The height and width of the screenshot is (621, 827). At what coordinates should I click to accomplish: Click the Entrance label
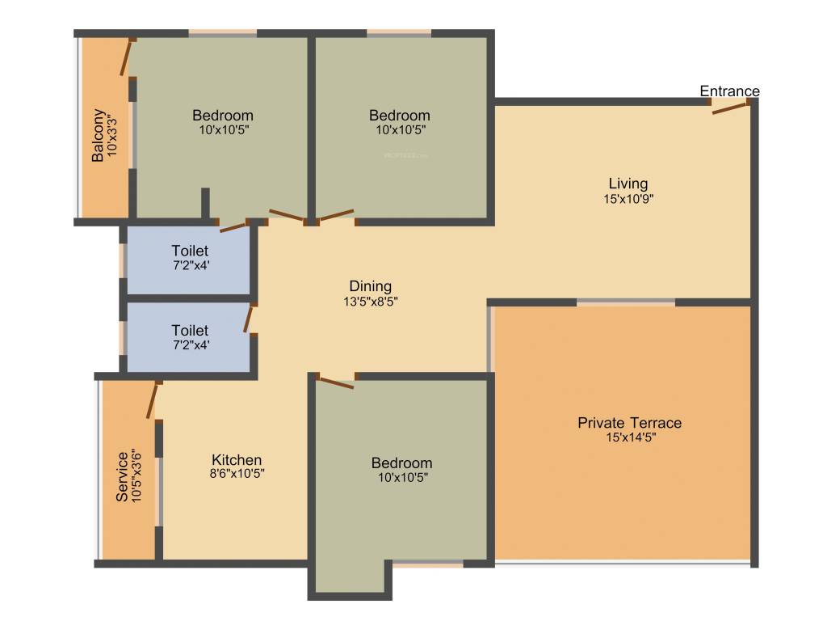point(729,91)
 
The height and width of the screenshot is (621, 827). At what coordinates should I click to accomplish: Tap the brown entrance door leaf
point(731,108)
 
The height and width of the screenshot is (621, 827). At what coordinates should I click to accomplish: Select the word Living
point(628,184)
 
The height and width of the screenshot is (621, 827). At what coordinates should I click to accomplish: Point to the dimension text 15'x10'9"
point(628,199)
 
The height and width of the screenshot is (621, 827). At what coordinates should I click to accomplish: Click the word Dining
point(370,286)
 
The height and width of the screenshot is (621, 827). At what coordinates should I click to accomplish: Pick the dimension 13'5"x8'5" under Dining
point(370,302)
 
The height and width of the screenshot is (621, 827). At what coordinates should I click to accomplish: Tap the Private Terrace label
point(629,423)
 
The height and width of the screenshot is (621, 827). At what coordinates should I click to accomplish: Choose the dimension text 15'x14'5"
point(629,438)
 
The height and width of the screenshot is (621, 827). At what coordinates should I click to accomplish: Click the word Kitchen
point(236,459)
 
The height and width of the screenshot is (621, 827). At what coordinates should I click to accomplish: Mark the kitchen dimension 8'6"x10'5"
point(236,475)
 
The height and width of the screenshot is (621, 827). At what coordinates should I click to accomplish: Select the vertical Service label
point(122,477)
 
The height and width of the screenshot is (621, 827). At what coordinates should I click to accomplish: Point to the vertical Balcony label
point(98,136)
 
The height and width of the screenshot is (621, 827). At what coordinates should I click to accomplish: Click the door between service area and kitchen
point(152,400)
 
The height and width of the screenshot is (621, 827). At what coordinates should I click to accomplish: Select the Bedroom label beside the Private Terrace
point(401,463)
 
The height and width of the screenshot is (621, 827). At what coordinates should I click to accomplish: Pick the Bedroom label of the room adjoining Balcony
point(222,116)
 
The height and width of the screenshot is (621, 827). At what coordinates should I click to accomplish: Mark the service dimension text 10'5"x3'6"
point(136,477)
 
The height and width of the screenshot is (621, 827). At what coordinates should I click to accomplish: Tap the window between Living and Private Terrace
point(626,302)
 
